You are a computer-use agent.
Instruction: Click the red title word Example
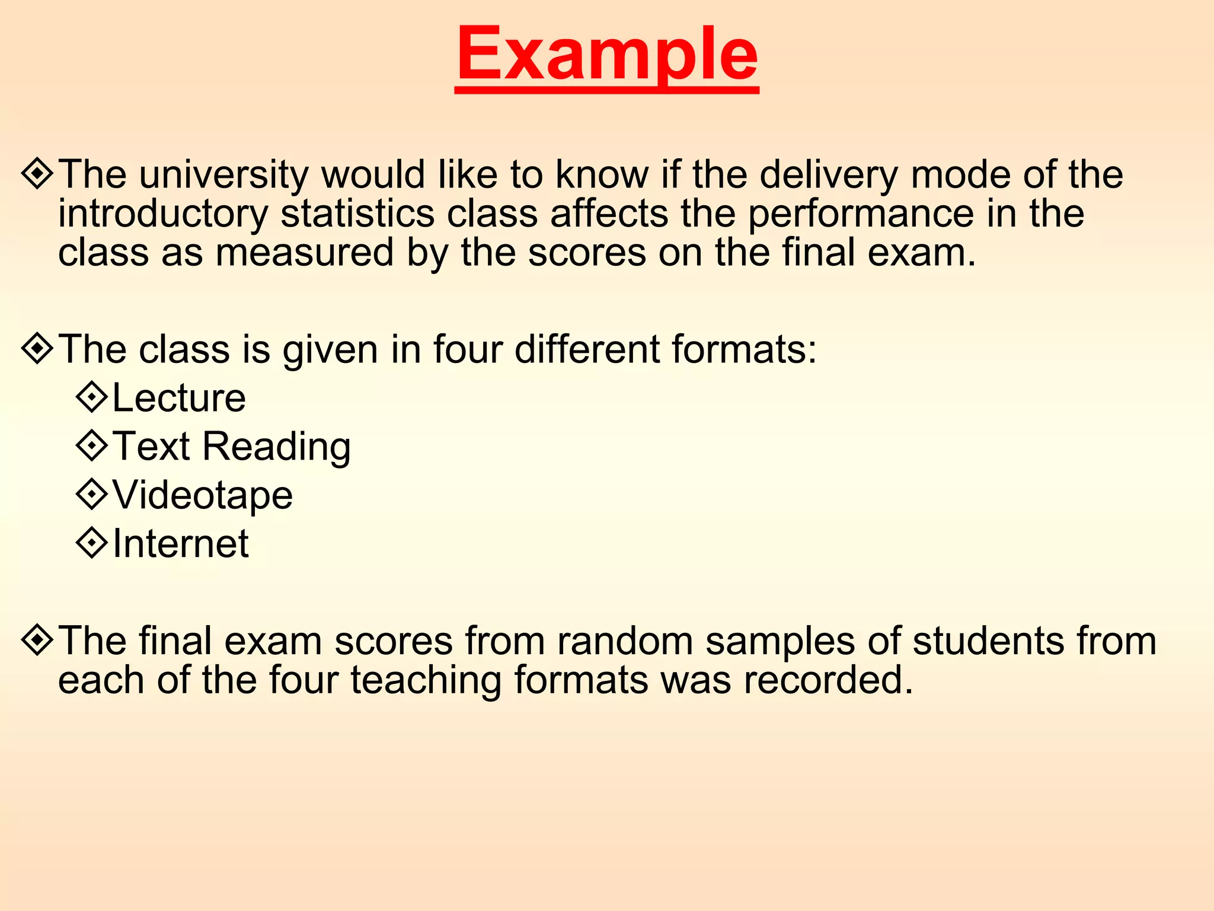point(607,55)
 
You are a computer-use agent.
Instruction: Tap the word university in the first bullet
point(223,175)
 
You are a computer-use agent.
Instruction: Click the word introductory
point(163,214)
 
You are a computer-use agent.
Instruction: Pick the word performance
point(861,214)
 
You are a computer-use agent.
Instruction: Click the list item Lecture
point(179,398)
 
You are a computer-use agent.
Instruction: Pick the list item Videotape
point(203,495)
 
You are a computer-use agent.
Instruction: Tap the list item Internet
point(181,544)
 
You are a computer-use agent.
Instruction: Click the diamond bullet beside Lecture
point(92,396)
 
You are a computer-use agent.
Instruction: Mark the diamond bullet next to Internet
point(92,542)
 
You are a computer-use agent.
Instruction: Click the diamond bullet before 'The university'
point(37,173)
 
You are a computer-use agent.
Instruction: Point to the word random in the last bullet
point(625,642)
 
